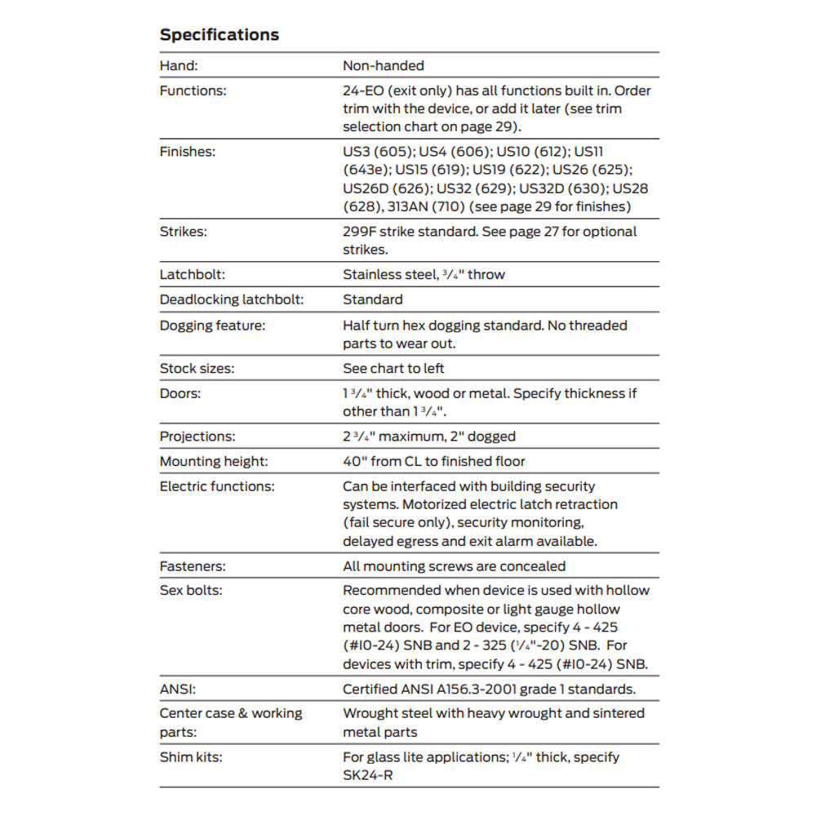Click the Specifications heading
(219, 34)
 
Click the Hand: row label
(179, 65)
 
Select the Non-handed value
(383, 65)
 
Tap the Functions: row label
(193, 91)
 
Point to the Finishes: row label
(188, 151)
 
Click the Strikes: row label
(183, 232)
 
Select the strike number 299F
(361, 232)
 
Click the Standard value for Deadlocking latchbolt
(372, 299)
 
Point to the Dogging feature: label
(213, 326)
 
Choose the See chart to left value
(393, 368)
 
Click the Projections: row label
(197, 437)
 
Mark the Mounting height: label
(214, 462)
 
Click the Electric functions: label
(217, 486)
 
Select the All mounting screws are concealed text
(454, 566)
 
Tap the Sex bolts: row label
(191, 591)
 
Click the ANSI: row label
(177, 690)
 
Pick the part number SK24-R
(367, 775)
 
